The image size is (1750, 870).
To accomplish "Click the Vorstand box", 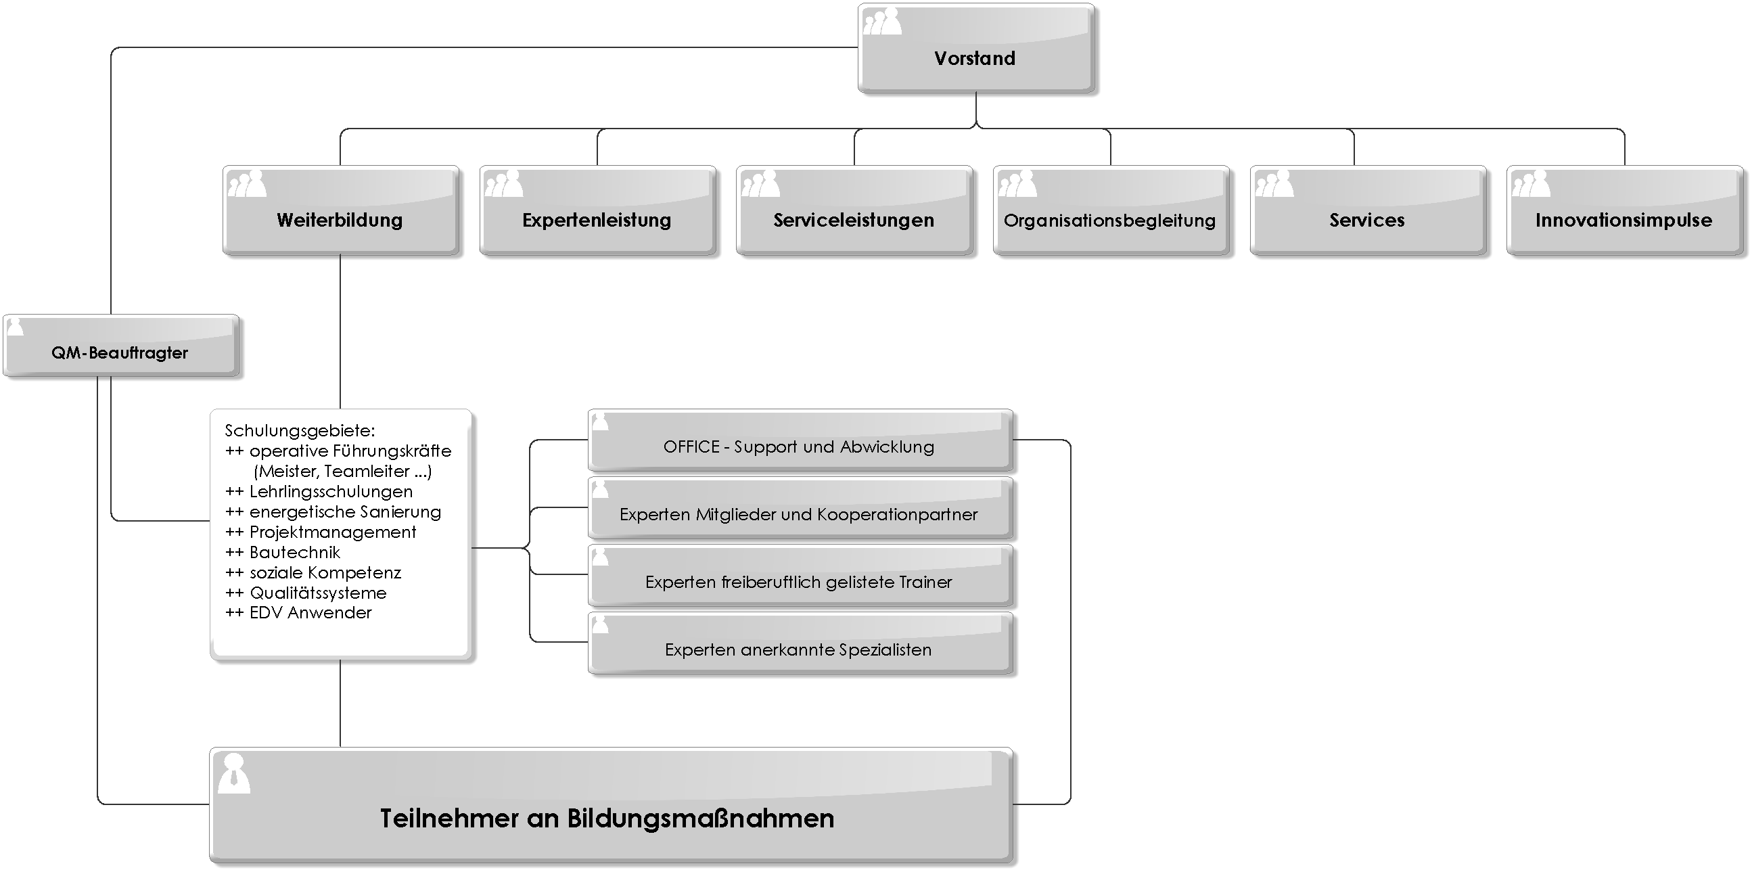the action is pos(976,48).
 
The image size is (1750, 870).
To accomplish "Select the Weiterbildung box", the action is pos(340,210).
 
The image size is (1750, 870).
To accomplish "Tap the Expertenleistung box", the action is pos(597,210).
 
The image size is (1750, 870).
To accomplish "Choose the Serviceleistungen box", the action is pos(854,210).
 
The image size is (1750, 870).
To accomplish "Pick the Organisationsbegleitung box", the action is pos(1111,210).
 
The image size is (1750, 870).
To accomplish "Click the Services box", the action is pos(1368,210).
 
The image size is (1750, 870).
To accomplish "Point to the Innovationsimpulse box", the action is pos(1624,210).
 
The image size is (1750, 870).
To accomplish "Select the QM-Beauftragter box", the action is pos(121,345).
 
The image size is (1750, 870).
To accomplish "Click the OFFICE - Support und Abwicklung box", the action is pos(800,440).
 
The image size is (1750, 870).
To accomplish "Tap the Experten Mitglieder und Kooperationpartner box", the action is pos(800,507).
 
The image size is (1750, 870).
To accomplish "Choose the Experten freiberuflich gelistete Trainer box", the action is pos(800,575).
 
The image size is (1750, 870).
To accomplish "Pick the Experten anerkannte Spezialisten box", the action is pos(800,643).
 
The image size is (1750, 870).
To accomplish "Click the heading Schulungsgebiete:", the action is pos(300,430).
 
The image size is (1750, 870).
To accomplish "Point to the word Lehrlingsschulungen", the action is pos(331,492).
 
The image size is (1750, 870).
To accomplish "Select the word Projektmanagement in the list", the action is pos(333,532).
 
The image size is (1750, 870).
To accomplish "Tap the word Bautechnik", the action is pos(295,552).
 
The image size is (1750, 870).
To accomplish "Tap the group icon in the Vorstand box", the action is pos(883,21).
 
